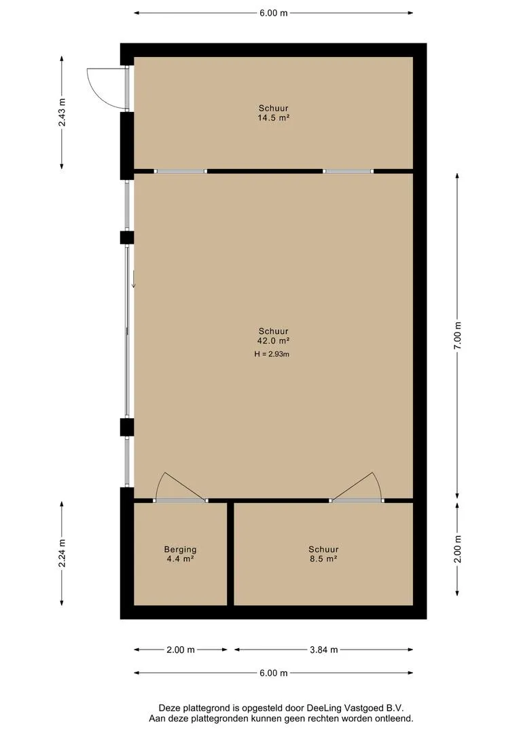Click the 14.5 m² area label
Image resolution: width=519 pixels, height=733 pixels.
click(273, 118)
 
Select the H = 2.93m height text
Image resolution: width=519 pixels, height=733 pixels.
click(273, 354)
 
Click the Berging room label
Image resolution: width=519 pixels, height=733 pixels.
click(180, 550)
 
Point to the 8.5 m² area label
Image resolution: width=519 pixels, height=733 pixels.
click(323, 559)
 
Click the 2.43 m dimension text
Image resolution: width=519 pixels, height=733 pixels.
click(62, 113)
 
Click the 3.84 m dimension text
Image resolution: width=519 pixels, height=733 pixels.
click(323, 650)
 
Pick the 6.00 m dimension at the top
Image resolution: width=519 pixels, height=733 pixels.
click(273, 12)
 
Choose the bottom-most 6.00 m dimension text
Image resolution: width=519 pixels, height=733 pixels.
click(273, 673)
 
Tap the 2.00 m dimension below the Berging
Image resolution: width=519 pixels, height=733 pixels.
click(180, 650)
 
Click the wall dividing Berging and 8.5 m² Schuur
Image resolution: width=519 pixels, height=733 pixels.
click(230, 553)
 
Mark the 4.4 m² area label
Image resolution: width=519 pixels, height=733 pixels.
click(180, 559)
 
